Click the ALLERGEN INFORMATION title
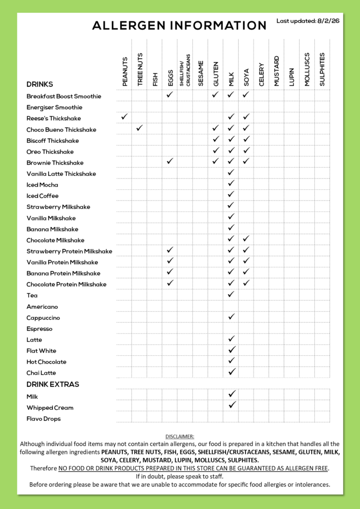click(179, 26)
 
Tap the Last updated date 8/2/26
click(308, 21)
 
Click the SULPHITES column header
click(322, 70)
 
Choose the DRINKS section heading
click(40, 85)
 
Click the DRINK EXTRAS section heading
click(53, 384)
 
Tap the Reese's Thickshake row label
click(54, 118)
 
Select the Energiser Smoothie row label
click(54, 107)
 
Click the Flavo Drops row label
click(44, 419)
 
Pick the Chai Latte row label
click(41, 373)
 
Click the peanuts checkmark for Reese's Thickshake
click(124, 117)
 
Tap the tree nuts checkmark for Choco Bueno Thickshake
click(140, 128)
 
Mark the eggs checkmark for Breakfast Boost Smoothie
click(170, 94)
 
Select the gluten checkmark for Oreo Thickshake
click(216, 150)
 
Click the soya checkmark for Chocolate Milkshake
click(246, 239)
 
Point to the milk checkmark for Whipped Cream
click(231, 405)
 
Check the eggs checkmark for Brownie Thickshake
click(170, 161)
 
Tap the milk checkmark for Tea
click(231, 294)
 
